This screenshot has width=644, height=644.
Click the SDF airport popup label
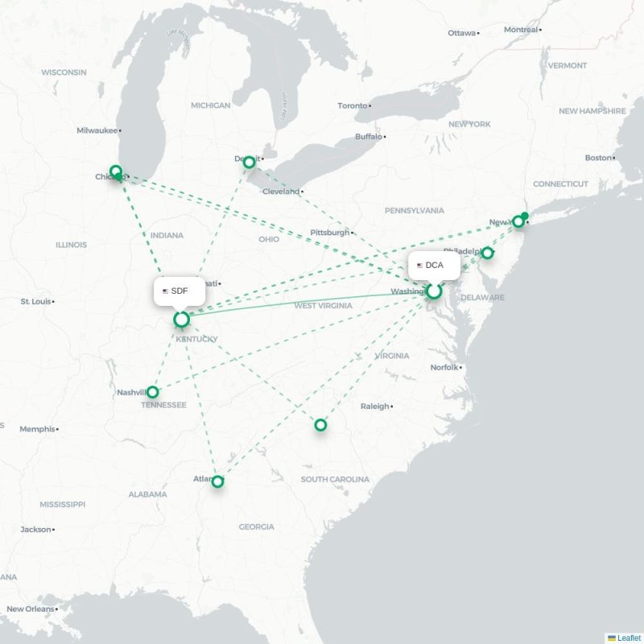click(179, 291)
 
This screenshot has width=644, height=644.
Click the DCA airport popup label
click(434, 265)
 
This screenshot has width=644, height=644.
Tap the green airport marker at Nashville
click(152, 392)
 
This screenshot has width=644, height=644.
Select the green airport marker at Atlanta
click(217, 481)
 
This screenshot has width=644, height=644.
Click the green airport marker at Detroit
click(249, 162)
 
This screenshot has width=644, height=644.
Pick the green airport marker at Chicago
click(116, 171)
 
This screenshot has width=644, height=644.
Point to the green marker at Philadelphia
click(487, 253)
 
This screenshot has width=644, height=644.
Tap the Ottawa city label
click(462, 33)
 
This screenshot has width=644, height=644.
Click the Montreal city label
click(520, 30)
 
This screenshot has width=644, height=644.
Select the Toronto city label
click(353, 105)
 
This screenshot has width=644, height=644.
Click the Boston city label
click(598, 158)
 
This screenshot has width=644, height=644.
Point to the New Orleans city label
click(30, 609)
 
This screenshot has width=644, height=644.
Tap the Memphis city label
click(38, 429)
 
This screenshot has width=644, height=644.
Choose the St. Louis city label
click(35, 301)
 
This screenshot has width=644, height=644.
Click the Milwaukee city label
click(97, 130)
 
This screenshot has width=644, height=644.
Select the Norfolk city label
click(444, 367)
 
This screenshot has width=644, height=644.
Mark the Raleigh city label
click(374, 407)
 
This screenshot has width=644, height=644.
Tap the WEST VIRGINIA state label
click(323, 306)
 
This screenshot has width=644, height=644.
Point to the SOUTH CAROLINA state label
click(335, 479)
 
